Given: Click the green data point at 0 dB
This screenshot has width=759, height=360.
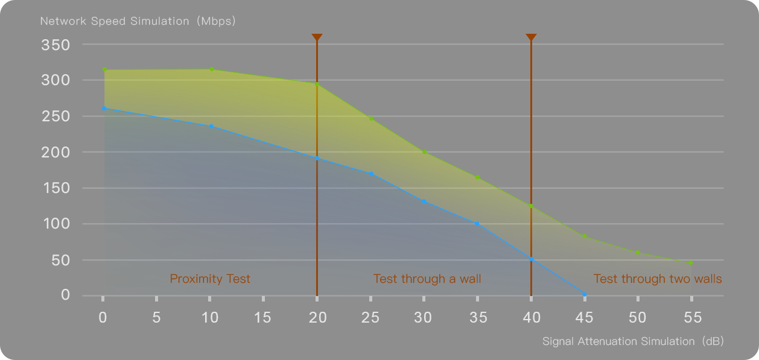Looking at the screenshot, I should coord(104,69).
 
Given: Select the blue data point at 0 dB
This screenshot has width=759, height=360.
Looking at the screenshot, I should coord(104,109).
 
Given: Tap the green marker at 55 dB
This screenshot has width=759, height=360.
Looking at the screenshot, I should coord(691,263).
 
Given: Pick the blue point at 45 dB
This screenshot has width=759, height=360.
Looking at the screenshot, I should coord(585,294).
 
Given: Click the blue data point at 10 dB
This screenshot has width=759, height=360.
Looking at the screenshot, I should coord(211,126).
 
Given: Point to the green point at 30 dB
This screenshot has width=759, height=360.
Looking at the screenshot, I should coord(424,152).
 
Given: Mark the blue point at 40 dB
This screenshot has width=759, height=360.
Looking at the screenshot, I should coord(531,259).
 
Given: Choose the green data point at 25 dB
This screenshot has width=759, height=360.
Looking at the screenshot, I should coord(371,118).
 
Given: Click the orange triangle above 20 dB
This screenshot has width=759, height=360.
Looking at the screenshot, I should coord(317,38).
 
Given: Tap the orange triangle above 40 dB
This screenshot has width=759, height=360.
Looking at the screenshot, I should coord(531,38).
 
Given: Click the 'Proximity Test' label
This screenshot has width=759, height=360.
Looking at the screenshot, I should coord(210,279).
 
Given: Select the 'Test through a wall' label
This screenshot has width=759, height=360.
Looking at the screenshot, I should coord(427,279).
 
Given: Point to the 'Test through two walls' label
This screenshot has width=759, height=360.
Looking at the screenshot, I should coord(658,279).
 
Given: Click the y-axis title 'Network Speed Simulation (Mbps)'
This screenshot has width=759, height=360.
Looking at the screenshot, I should coord(138,21).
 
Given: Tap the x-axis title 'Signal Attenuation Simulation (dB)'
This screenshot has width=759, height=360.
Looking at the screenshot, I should coord(633,341).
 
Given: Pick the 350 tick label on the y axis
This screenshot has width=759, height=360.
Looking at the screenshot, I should coord(56,45).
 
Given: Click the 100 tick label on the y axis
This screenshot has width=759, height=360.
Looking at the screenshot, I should coord(56,224).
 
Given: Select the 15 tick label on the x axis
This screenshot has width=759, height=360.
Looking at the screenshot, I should coord(263,317).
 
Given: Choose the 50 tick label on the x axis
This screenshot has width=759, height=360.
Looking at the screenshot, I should coord(638,317).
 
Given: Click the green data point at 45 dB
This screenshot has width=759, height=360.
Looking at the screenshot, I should coord(585,236).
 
